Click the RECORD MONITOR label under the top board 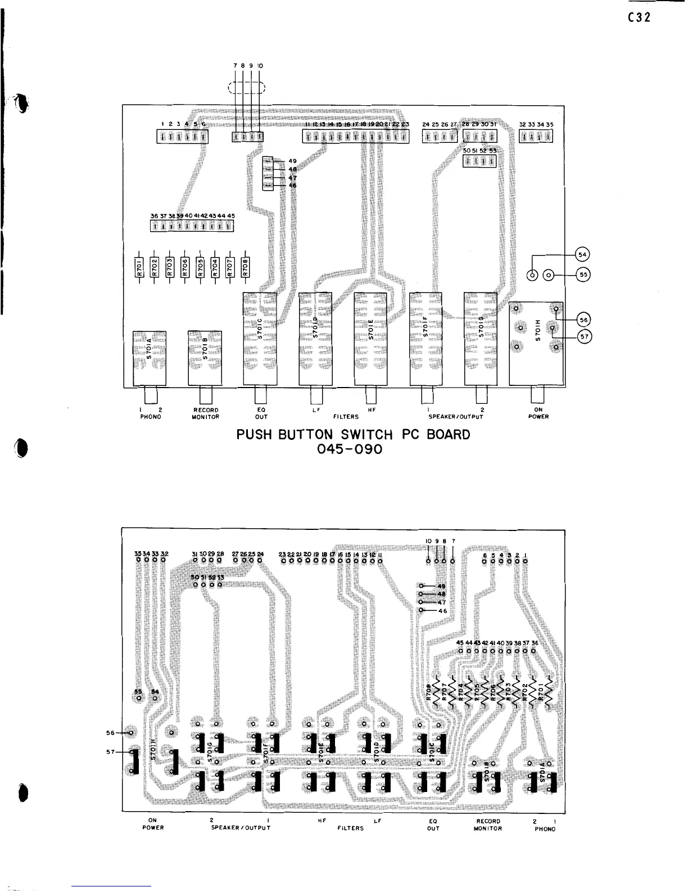[x=205, y=413]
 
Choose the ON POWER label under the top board [x=538, y=413]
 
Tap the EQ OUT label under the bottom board [x=433, y=824]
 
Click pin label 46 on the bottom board [x=442, y=611]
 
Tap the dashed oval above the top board [x=247, y=87]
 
